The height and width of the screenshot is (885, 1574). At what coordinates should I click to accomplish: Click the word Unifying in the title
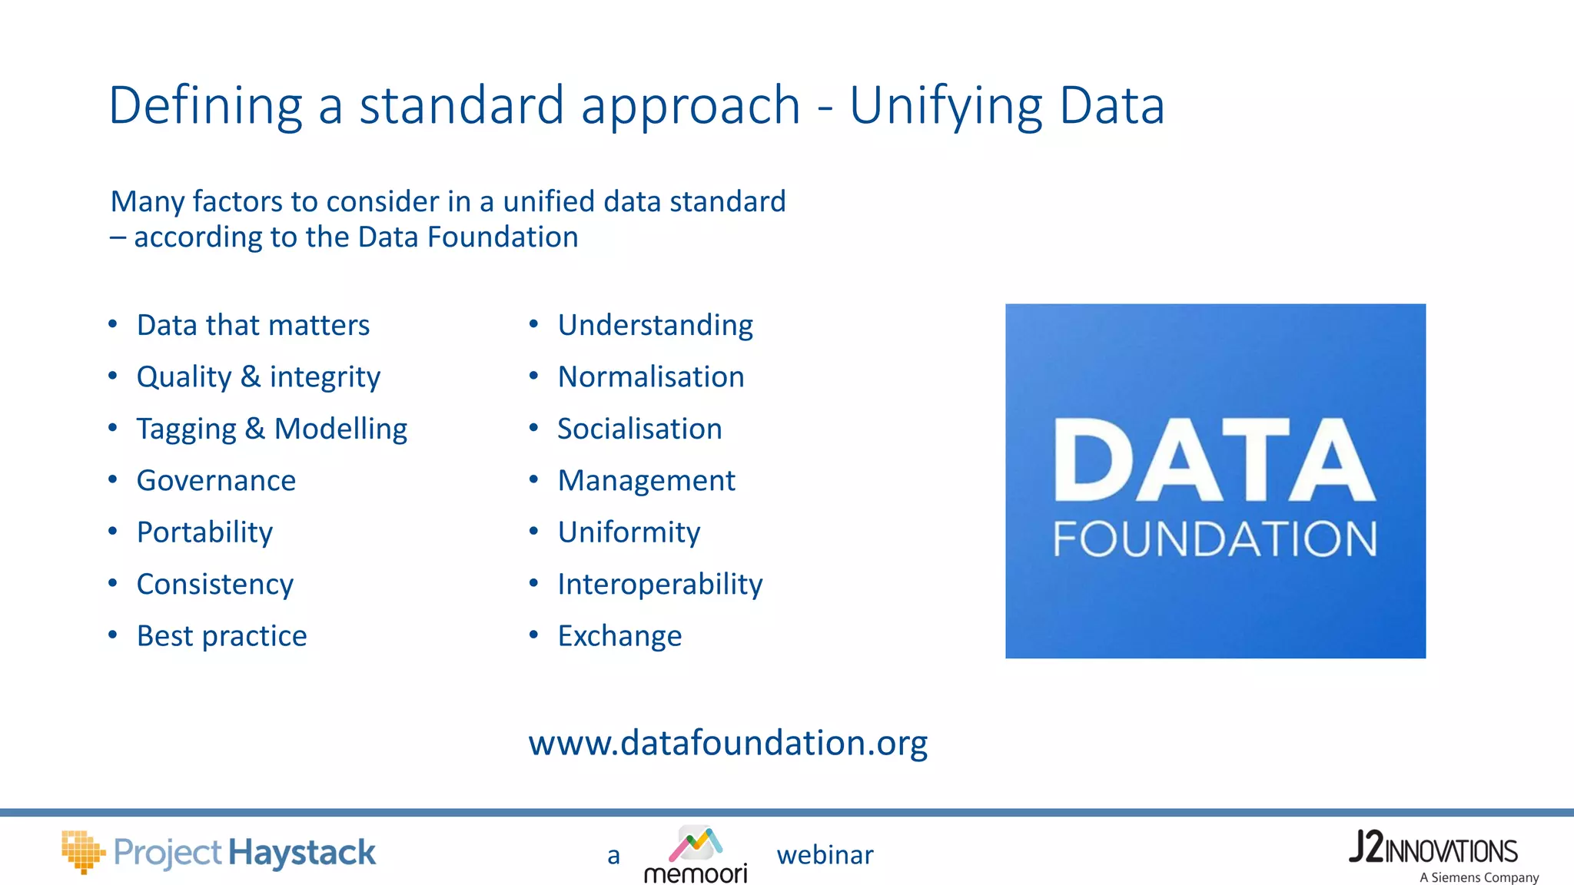tap(946, 106)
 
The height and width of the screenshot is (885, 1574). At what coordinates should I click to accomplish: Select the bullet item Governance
tap(216, 481)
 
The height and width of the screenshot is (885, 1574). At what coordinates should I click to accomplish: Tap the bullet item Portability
tap(204, 532)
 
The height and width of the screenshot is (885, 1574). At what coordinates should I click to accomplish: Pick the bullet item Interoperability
tap(660, 585)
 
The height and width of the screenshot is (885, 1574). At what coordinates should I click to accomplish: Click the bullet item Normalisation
tap(651, 377)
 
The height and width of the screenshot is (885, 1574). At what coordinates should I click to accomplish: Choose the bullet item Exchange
tap(619, 636)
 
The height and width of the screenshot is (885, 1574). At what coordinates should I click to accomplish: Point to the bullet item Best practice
tap(221, 636)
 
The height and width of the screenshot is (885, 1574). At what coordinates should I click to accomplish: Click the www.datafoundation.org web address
tap(728, 743)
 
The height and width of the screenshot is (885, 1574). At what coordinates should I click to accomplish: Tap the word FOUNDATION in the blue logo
tap(1214, 539)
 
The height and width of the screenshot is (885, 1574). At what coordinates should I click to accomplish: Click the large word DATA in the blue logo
tap(1214, 461)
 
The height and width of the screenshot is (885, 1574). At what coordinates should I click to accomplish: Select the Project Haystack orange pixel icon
tap(82, 851)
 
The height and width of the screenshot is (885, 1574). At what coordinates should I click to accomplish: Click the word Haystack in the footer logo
tap(302, 853)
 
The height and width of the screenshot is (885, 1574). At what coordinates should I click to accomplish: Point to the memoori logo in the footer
tap(696, 855)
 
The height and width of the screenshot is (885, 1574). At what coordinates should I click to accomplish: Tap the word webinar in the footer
tap(825, 855)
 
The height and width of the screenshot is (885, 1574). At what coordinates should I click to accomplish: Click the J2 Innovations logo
tap(1433, 849)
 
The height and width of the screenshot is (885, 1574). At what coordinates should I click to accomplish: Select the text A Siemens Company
tap(1479, 877)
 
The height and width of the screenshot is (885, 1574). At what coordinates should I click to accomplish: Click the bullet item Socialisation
tap(639, 429)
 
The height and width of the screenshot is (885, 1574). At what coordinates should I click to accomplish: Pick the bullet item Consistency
tap(215, 585)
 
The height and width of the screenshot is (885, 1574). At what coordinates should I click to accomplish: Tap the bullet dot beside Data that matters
tap(113, 324)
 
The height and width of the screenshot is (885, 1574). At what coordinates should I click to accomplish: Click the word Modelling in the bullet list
tap(340, 429)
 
